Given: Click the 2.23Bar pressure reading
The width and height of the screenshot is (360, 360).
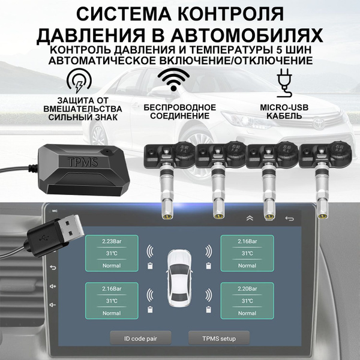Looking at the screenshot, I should tap(112, 241).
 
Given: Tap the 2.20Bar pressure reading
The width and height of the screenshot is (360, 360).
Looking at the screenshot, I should tap(248, 288).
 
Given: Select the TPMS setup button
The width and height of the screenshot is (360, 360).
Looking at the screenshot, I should tap(218, 338).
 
